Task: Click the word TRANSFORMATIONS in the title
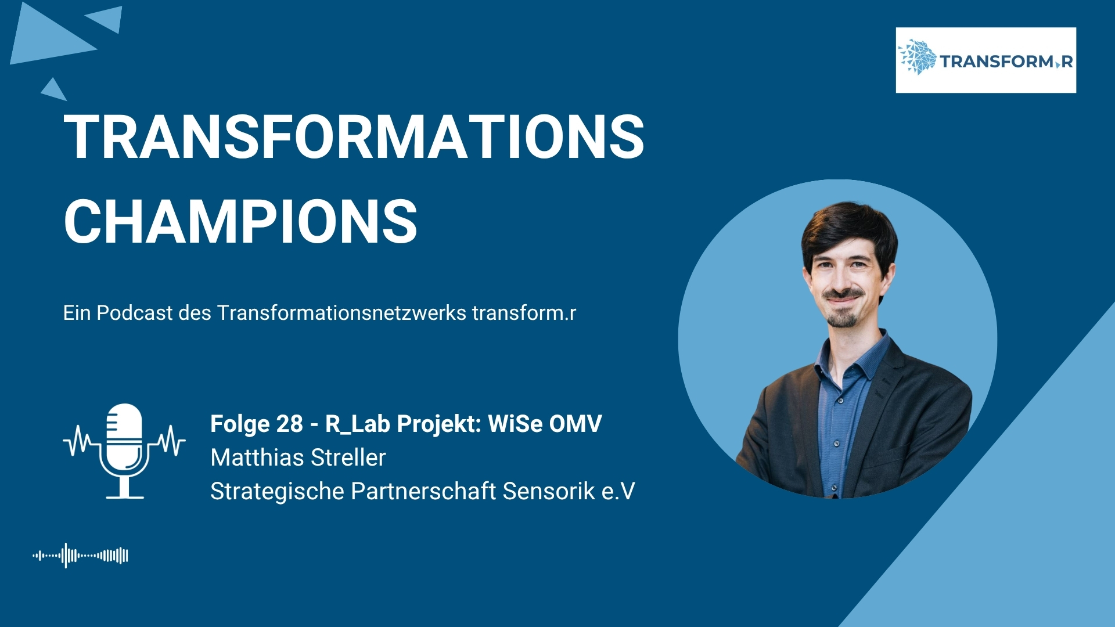pyautogui.click(x=354, y=136)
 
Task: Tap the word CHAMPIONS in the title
pyautogui.click(x=240, y=221)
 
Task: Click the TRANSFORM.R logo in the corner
pyautogui.click(x=985, y=60)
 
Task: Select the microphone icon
pyautogui.click(x=124, y=451)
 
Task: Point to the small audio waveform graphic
pyautogui.click(x=80, y=556)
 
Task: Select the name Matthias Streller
pyautogui.click(x=298, y=457)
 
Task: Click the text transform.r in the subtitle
pyautogui.click(x=524, y=313)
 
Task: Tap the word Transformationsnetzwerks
pyautogui.click(x=341, y=313)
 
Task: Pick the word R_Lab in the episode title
pyautogui.click(x=357, y=424)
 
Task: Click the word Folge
pyautogui.click(x=240, y=424)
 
